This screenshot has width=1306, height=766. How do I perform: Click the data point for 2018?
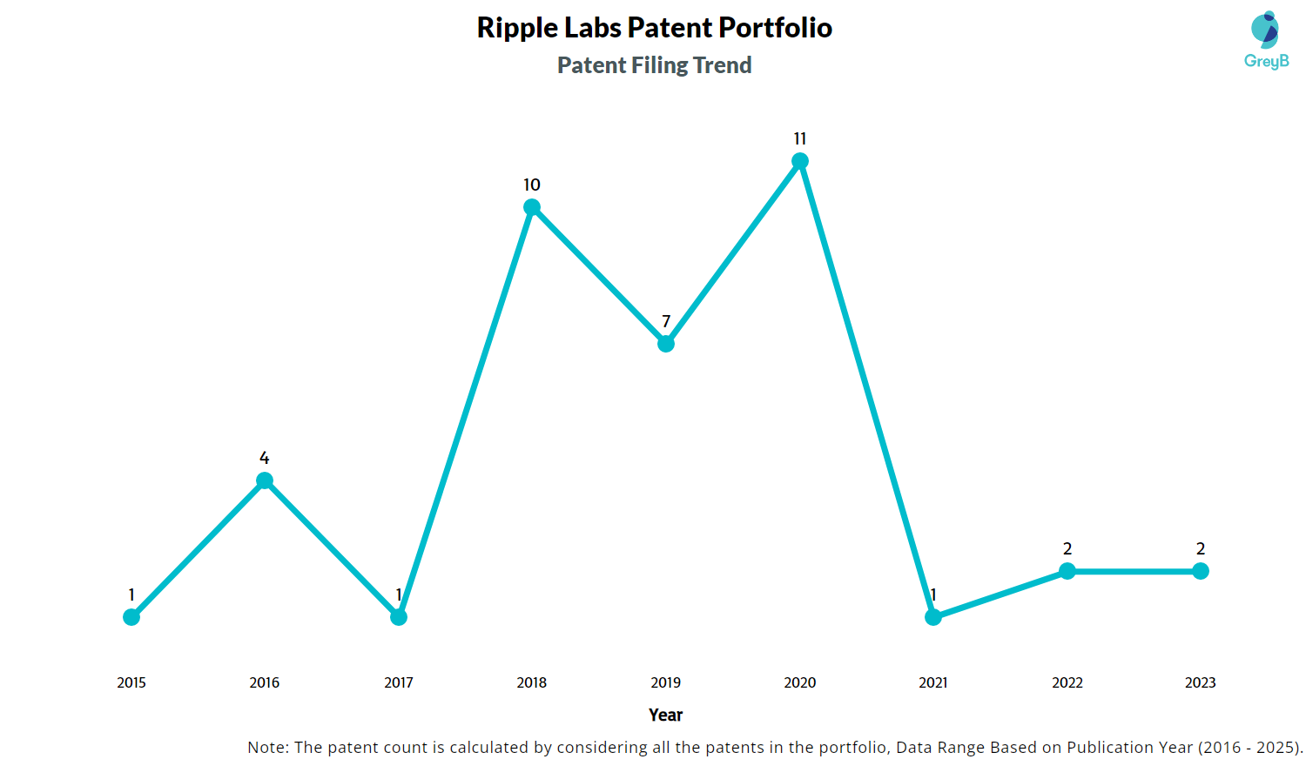point(532,207)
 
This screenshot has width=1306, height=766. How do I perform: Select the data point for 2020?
point(800,161)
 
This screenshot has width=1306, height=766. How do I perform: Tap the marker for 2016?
point(265,480)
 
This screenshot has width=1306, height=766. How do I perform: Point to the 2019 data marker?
point(666,344)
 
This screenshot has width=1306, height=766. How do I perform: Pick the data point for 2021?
point(933,617)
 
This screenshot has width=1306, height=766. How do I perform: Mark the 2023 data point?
point(1201,571)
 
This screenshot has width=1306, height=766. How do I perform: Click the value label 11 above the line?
point(800,139)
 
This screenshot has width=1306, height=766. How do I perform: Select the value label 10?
point(532,185)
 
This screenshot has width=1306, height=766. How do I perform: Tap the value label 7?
point(666,322)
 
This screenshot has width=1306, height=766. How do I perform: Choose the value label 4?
point(265,459)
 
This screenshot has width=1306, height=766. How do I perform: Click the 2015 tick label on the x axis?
point(131,683)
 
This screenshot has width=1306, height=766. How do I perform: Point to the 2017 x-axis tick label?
point(399,683)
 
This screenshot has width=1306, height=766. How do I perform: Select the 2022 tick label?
point(1067,683)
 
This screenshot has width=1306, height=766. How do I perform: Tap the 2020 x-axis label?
point(800,683)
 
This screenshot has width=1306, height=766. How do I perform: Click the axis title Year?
point(666,716)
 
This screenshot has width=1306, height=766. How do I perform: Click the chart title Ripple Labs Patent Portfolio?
point(654,28)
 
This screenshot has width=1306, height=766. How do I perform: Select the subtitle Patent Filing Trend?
point(654,65)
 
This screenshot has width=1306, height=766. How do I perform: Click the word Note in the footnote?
point(266,748)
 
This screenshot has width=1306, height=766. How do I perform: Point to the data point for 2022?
point(1067,571)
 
